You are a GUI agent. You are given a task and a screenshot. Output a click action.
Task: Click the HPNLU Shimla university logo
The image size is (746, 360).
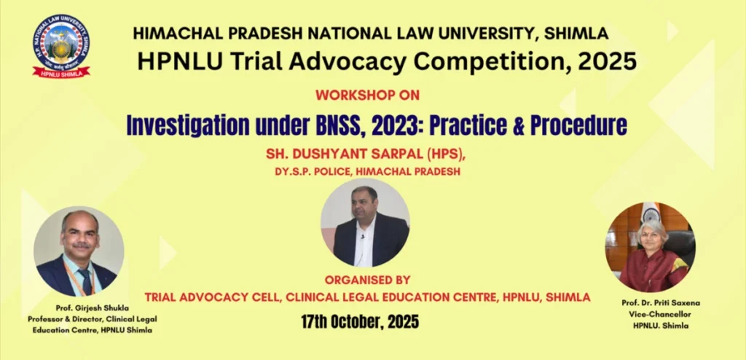[61, 46]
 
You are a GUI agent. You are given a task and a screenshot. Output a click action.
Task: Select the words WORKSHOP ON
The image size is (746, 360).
[367, 95]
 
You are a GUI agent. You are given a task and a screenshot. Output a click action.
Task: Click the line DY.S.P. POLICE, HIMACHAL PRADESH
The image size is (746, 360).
[367, 172]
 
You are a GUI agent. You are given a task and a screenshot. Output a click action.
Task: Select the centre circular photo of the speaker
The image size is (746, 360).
[365, 223]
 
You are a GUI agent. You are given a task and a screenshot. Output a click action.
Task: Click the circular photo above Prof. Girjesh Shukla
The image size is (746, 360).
[79, 251]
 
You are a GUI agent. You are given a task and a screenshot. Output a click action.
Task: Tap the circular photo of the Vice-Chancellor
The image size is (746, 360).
[651, 247]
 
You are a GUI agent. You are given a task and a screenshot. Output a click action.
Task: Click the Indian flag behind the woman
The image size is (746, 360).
[651, 213]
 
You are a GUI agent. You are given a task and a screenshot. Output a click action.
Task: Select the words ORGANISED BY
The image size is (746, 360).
[367, 280]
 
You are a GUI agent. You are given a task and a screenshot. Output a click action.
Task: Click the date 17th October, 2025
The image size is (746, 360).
[360, 322]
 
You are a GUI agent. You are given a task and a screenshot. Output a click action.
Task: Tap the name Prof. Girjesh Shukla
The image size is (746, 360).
[92, 308]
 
